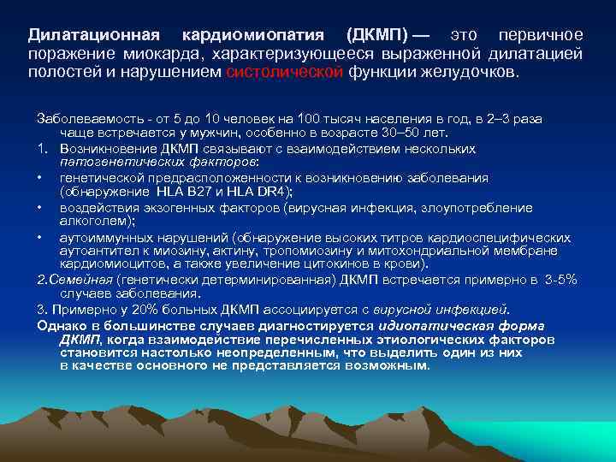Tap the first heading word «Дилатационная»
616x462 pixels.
click(x=94, y=35)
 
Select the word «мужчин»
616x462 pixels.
click(x=234, y=133)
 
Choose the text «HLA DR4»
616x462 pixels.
click(x=259, y=191)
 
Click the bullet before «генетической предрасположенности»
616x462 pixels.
click(x=40, y=178)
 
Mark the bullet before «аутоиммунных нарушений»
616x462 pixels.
click(x=40, y=237)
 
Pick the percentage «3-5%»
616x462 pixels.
click(x=559, y=279)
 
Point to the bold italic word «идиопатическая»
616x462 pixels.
click(x=433, y=325)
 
